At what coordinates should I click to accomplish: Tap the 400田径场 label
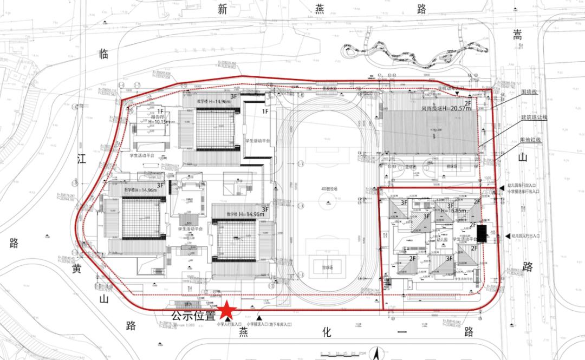tap(328, 189)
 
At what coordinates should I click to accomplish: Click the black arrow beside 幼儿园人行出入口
tap(506, 235)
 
